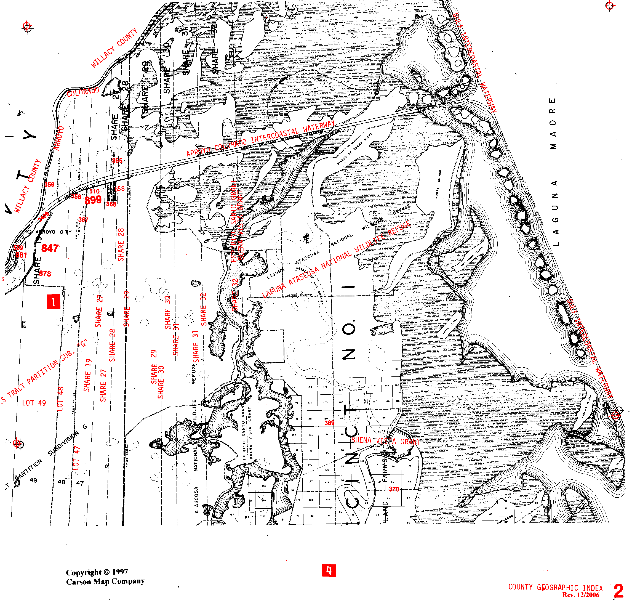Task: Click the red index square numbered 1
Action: click(54, 301)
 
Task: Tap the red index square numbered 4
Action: click(329, 570)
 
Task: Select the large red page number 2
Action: click(618, 590)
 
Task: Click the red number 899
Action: click(93, 200)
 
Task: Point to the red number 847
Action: click(50, 248)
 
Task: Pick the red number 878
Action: click(45, 274)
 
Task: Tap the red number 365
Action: click(117, 161)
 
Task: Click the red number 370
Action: click(394, 489)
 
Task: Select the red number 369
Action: click(329, 423)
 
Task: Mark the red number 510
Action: click(94, 191)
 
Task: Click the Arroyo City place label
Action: click(50, 232)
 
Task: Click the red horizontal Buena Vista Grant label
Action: click(386, 441)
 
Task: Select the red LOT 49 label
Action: click(34, 403)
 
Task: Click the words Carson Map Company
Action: click(105, 581)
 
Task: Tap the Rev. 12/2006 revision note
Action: click(580, 595)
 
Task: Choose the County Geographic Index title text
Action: click(555, 588)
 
